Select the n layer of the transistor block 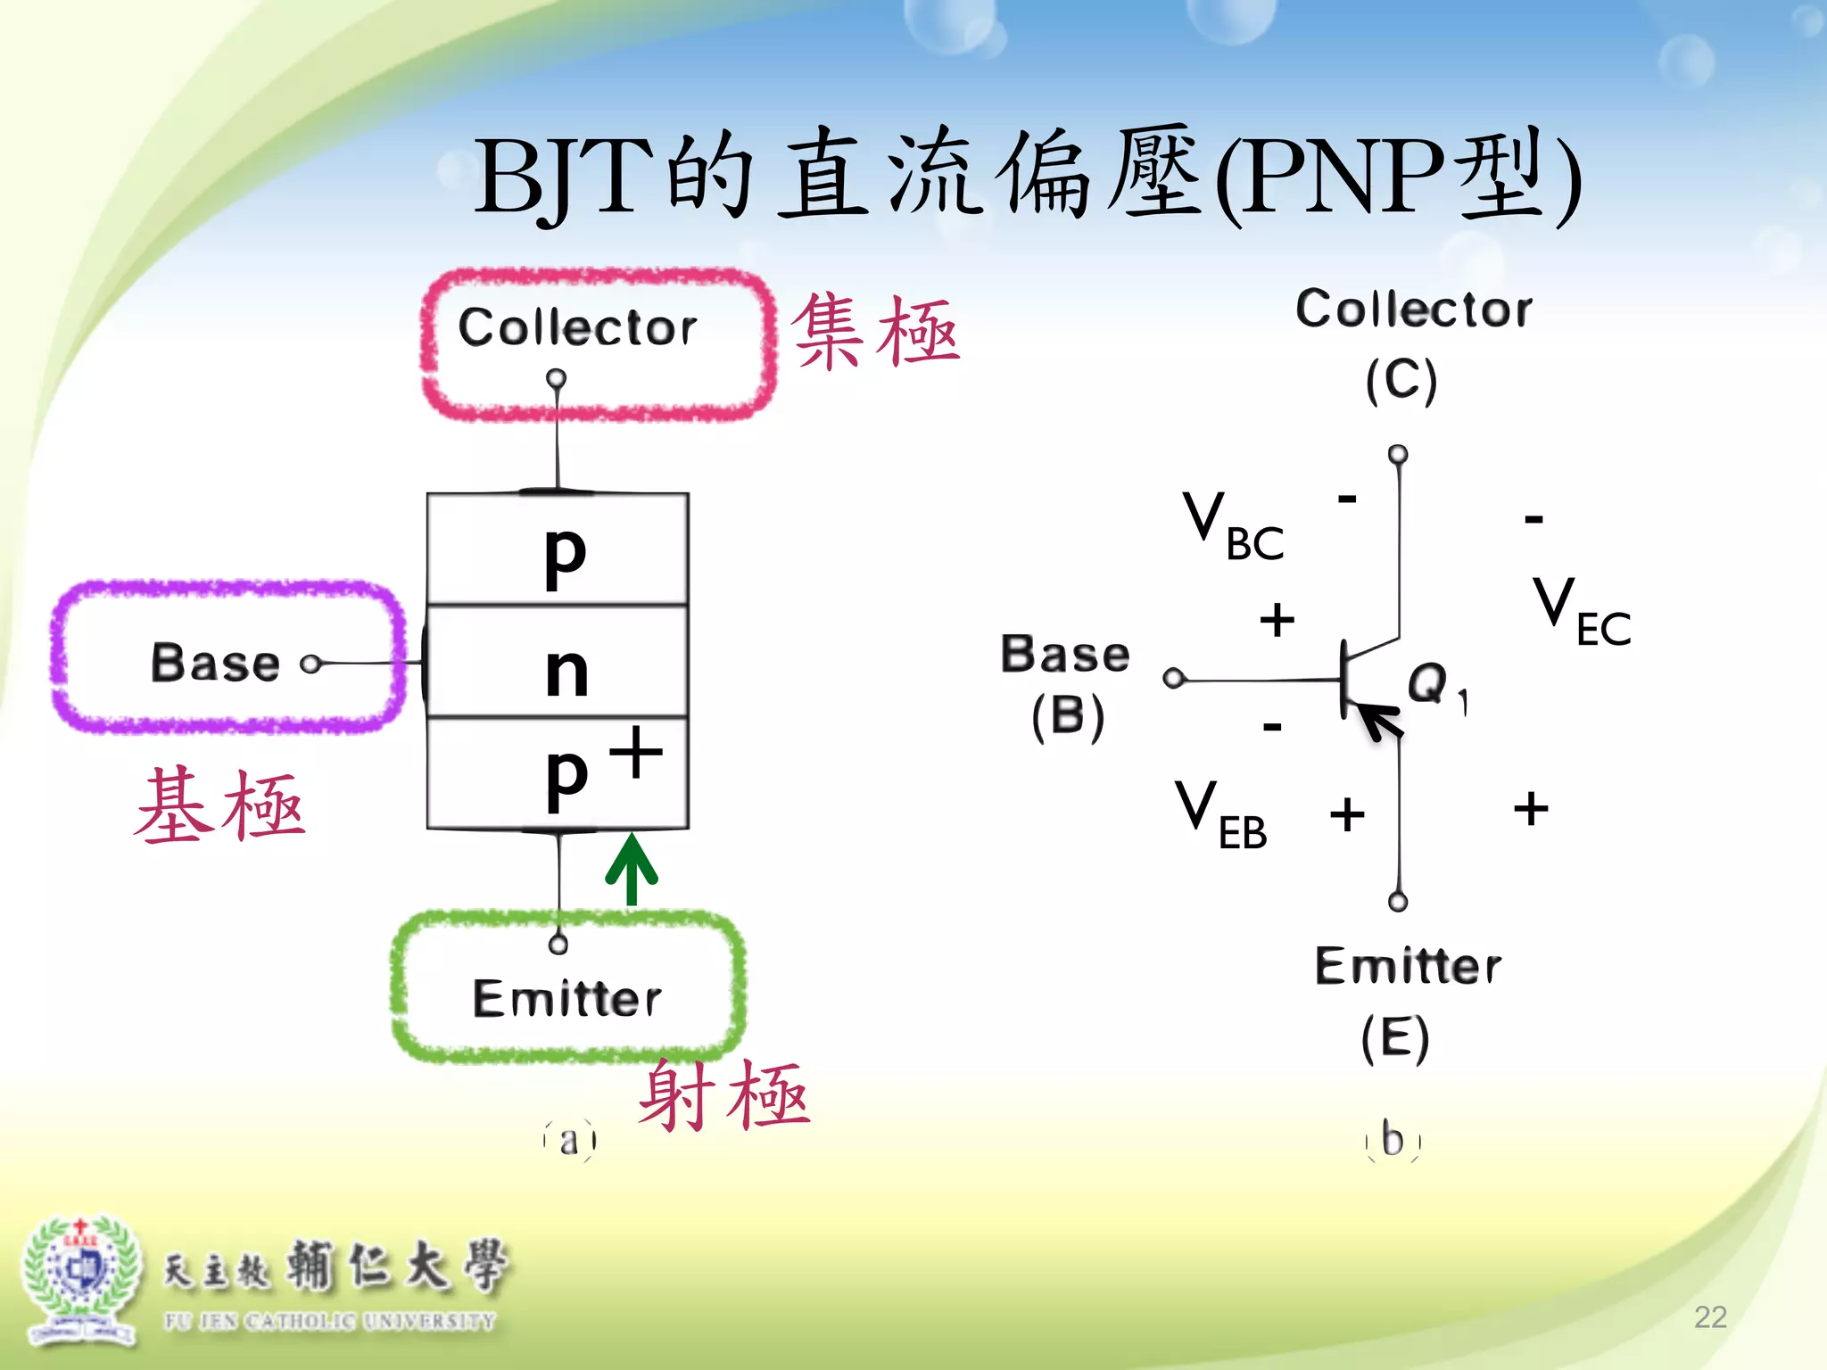click(x=558, y=661)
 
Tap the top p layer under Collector click(x=558, y=549)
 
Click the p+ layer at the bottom click(x=558, y=773)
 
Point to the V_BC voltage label click(x=1234, y=526)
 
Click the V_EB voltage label click(x=1220, y=814)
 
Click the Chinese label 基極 click(x=220, y=805)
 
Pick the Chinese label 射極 click(x=724, y=1095)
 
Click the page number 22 click(x=1710, y=1316)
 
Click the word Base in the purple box click(x=215, y=663)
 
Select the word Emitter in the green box click(x=567, y=998)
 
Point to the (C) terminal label click(x=1401, y=380)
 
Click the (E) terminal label click(x=1395, y=1037)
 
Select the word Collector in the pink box click(x=577, y=326)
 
